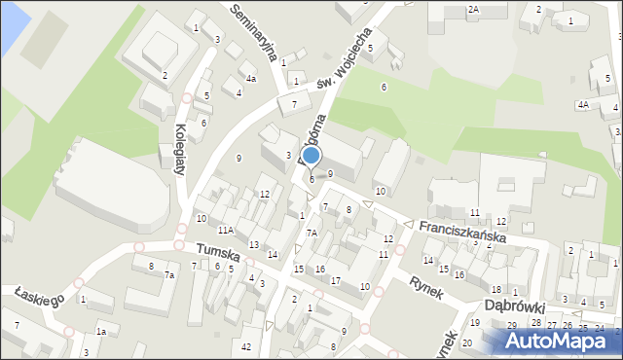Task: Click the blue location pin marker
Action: (x=311, y=157)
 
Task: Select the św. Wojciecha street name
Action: (x=346, y=68)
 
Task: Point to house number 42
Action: (x=247, y=347)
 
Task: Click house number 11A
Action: (x=225, y=231)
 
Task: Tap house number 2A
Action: (x=473, y=9)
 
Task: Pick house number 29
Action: (x=515, y=324)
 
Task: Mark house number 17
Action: (x=335, y=280)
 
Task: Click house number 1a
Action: (x=100, y=333)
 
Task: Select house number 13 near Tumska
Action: (x=253, y=244)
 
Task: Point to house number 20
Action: (x=467, y=343)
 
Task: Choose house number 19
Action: (x=475, y=322)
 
